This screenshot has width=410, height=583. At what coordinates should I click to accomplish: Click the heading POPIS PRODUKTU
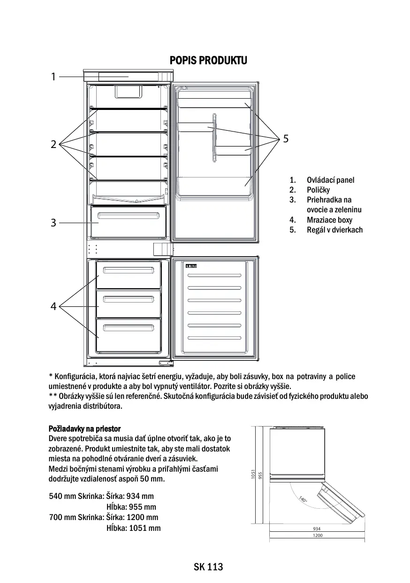coord(208,61)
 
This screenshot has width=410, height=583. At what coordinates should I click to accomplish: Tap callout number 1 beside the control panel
coord(53,77)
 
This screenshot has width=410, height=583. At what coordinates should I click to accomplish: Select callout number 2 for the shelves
coord(53,144)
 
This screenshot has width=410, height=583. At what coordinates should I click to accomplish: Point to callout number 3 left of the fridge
coord(53,223)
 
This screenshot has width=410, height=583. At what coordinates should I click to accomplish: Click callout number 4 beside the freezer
coord(53,307)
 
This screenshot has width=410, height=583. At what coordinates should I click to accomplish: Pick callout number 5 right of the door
coord(286,139)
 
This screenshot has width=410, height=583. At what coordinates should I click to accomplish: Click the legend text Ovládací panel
coord(330,180)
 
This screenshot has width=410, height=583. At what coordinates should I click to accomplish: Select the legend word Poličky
coord(318,190)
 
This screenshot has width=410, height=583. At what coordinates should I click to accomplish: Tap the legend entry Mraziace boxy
coord(329,220)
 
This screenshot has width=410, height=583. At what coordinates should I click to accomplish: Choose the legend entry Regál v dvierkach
coord(334,230)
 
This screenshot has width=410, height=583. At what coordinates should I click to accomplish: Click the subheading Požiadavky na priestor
coord(85,429)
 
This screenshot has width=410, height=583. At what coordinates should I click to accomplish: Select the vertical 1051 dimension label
coord(252,474)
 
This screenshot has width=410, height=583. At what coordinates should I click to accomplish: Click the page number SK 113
coord(208,567)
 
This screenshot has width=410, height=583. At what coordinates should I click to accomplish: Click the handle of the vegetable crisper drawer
coord(128,216)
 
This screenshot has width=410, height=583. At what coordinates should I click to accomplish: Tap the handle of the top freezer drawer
coord(128,271)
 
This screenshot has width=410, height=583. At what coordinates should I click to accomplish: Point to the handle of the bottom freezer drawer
coord(128,327)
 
